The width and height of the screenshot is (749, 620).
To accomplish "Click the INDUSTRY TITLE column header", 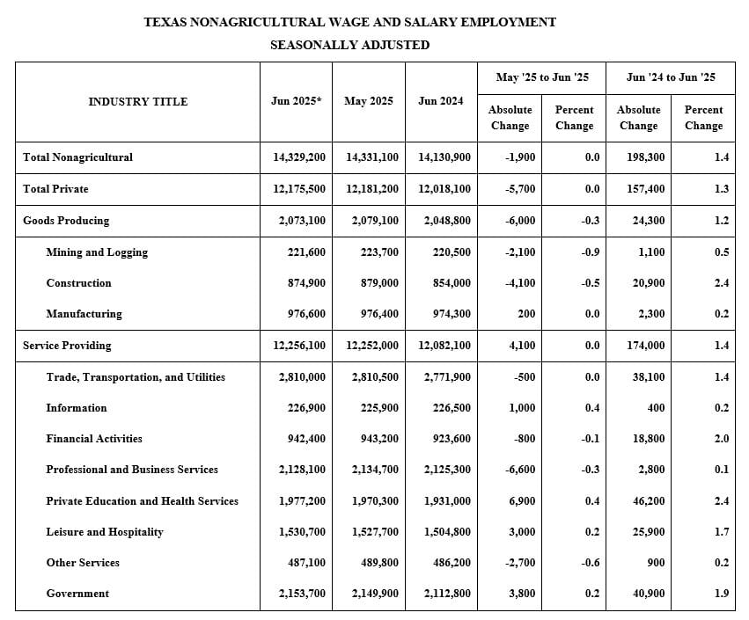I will point(137,102).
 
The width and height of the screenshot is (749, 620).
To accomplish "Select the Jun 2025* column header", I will point(296,101).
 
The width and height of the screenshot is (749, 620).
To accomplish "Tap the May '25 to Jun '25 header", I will point(542,77).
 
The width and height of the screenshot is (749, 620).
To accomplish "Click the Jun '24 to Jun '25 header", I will point(671,77).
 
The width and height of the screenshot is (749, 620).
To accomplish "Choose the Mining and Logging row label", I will point(97,252).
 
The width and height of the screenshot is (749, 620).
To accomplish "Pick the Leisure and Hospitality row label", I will point(105,532).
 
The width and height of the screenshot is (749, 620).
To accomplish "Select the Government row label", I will point(77,594).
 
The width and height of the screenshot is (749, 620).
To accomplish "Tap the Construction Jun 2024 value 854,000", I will point(448,283).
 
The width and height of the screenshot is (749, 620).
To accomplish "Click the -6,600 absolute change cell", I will point(518,470).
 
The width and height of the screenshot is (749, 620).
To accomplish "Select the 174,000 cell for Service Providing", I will point(646,346).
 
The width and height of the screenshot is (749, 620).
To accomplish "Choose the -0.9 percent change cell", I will point(591,252).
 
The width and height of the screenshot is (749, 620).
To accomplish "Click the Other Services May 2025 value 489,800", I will point(374,563).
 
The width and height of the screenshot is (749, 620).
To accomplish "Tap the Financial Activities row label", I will point(94,439).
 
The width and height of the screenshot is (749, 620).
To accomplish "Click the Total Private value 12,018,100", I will point(444,189).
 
